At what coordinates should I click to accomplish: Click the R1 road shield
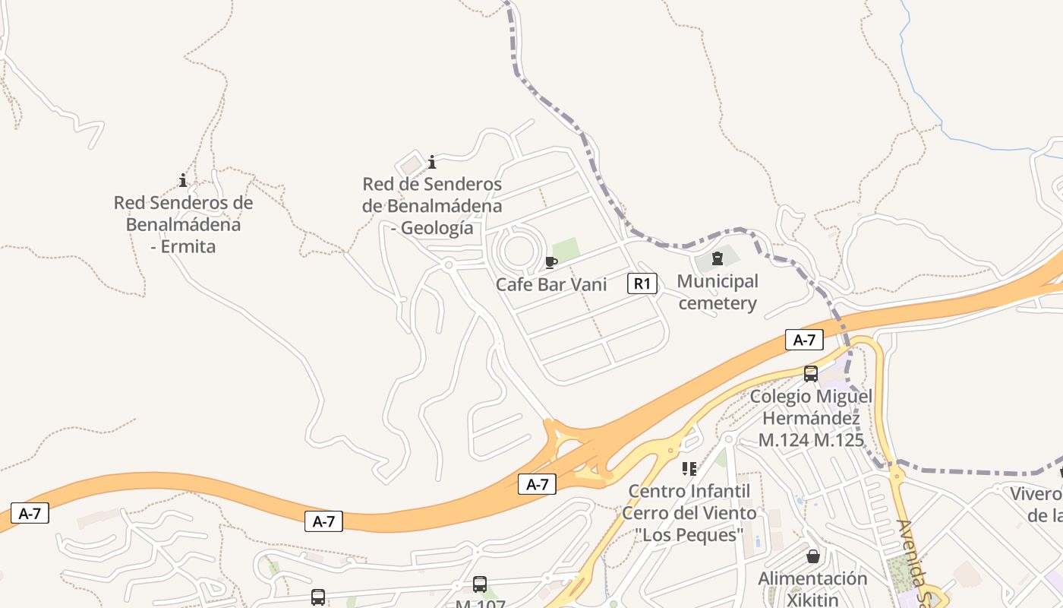point(642,284)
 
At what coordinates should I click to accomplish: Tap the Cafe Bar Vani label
point(551,284)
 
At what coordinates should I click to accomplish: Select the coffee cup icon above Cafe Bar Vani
point(551,263)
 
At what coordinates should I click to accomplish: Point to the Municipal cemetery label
point(718,293)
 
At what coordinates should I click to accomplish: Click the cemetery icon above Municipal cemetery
point(717,258)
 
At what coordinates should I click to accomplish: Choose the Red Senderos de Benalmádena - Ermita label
point(183,224)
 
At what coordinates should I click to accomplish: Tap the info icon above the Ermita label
point(183,180)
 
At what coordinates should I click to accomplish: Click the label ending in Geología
point(432,206)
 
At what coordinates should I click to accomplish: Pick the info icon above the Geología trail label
point(432,162)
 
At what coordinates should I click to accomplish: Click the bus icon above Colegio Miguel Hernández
point(811,373)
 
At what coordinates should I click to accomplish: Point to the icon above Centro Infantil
point(689,468)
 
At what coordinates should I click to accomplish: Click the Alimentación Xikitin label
point(812,589)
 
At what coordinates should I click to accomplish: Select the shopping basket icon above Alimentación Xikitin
point(813,556)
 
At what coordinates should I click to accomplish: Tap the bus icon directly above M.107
point(480,584)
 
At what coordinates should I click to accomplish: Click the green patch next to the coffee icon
point(566,249)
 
